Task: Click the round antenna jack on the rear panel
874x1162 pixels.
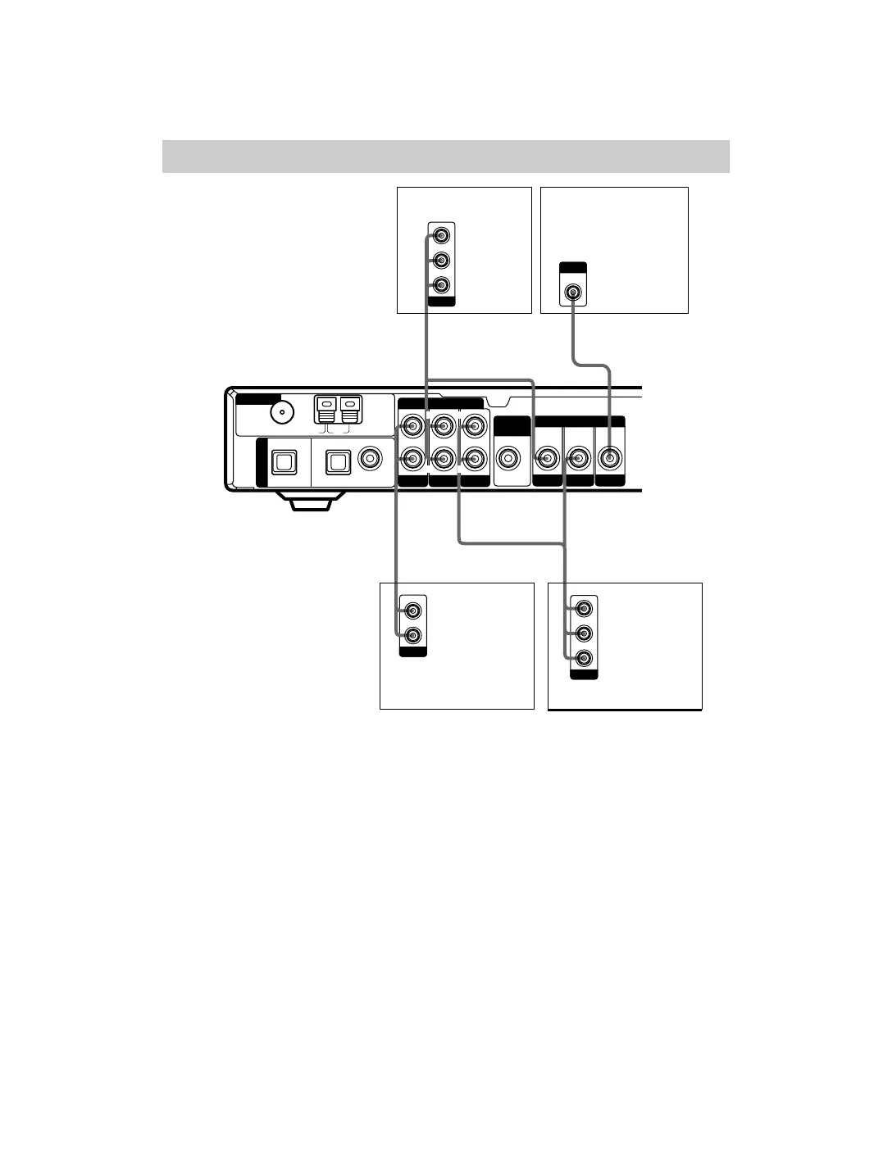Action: point(283,413)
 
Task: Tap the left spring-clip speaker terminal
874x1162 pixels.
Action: point(326,409)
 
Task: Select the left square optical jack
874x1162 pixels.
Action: point(283,464)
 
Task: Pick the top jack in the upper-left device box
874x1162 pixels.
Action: point(442,236)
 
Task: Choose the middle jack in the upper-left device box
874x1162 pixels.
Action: point(442,261)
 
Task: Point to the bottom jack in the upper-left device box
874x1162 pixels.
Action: point(442,285)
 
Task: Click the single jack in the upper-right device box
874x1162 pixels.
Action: point(573,291)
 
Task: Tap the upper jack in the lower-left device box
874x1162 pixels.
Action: point(413,611)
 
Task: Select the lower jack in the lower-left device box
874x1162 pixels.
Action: point(413,635)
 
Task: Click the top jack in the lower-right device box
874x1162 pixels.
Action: point(584,609)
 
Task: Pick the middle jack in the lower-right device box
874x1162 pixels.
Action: point(584,633)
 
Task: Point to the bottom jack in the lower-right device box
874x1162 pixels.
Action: point(584,658)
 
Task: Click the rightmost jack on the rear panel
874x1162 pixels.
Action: point(609,459)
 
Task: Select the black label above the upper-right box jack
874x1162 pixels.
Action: point(573,267)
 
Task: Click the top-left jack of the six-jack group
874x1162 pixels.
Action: point(412,426)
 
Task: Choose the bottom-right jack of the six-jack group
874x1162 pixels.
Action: point(473,459)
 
